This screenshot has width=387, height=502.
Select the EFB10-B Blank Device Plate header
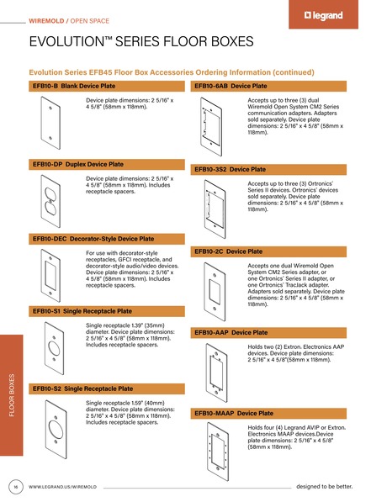coord(73,87)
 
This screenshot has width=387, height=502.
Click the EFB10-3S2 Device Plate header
coord(231,169)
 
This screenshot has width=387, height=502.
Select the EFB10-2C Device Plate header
coord(229,251)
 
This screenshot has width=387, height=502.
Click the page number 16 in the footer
coord(15,487)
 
